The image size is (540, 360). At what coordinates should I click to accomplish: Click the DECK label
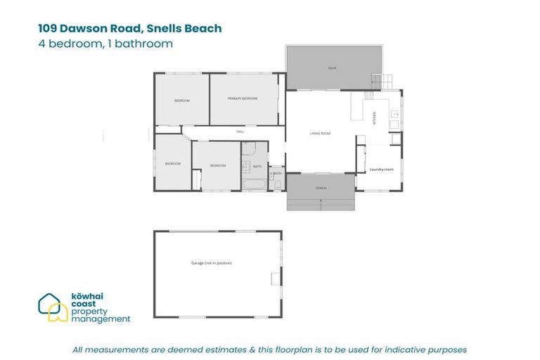coord(333,68)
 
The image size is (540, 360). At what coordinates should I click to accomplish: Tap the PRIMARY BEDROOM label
coord(242,99)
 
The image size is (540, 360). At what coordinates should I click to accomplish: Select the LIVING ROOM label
coord(320,133)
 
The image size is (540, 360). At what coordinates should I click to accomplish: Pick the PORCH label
coord(321,188)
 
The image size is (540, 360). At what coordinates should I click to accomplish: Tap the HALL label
coord(240,131)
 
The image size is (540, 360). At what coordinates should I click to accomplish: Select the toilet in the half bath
coord(278,185)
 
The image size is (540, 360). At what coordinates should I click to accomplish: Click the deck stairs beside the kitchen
coord(380,82)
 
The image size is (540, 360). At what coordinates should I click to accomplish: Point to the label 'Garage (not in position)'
coord(211,263)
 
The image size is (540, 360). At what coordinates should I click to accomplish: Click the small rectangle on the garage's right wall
coord(276,278)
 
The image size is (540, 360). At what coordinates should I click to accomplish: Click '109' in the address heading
coord(49,29)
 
